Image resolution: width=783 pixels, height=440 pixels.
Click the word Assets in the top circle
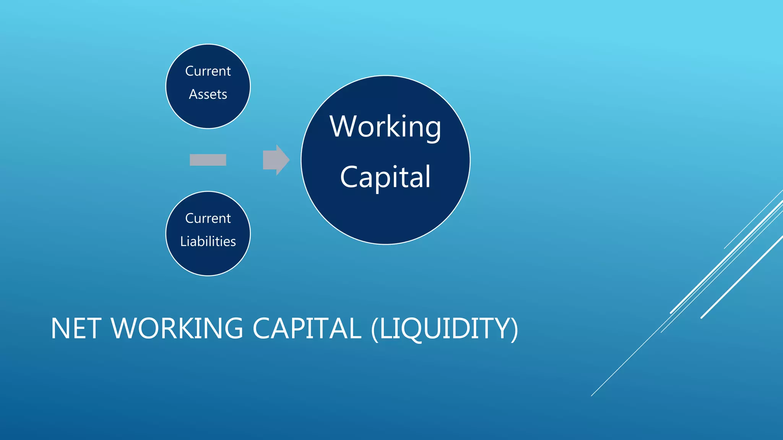tap(208, 94)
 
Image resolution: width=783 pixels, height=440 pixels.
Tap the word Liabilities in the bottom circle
tap(208, 241)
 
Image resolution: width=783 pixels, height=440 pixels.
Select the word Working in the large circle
tap(385, 127)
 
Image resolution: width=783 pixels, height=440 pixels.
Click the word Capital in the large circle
tap(385, 177)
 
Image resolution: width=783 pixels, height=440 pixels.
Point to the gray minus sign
tap(208, 160)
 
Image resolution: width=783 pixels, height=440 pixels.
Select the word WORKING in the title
tap(177, 328)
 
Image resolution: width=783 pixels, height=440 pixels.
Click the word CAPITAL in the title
tap(307, 328)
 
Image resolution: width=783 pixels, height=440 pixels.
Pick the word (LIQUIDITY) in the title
tap(445, 328)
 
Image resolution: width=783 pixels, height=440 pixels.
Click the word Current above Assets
tap(208, 71)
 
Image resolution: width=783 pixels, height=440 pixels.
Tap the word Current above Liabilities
tap(208, 218)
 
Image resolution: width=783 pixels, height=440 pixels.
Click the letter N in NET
tap(60, 328)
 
